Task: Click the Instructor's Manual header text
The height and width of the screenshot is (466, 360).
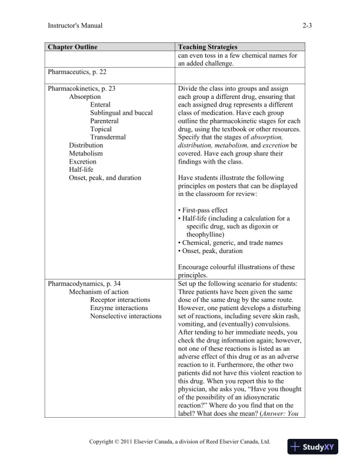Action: click(74, 26)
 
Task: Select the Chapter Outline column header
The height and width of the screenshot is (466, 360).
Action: click(72, 46)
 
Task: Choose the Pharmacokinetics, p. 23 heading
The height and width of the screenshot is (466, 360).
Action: click(81, 88)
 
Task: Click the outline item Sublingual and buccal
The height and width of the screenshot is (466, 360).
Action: click(121, 113)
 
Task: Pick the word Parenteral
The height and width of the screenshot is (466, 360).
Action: click(104, 121)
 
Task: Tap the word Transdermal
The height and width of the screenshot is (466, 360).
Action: click(106, 137)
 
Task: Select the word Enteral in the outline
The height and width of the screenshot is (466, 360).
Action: click(101, 105)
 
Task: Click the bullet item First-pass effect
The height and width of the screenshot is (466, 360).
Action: click(202, 210)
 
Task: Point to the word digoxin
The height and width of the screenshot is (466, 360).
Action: click(255, 227)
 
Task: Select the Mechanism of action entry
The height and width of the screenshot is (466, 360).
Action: click(99, 292)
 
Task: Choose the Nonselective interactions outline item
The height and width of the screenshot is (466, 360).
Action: click(125, 316)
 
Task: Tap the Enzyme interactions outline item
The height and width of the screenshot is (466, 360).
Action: click(115, 308)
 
